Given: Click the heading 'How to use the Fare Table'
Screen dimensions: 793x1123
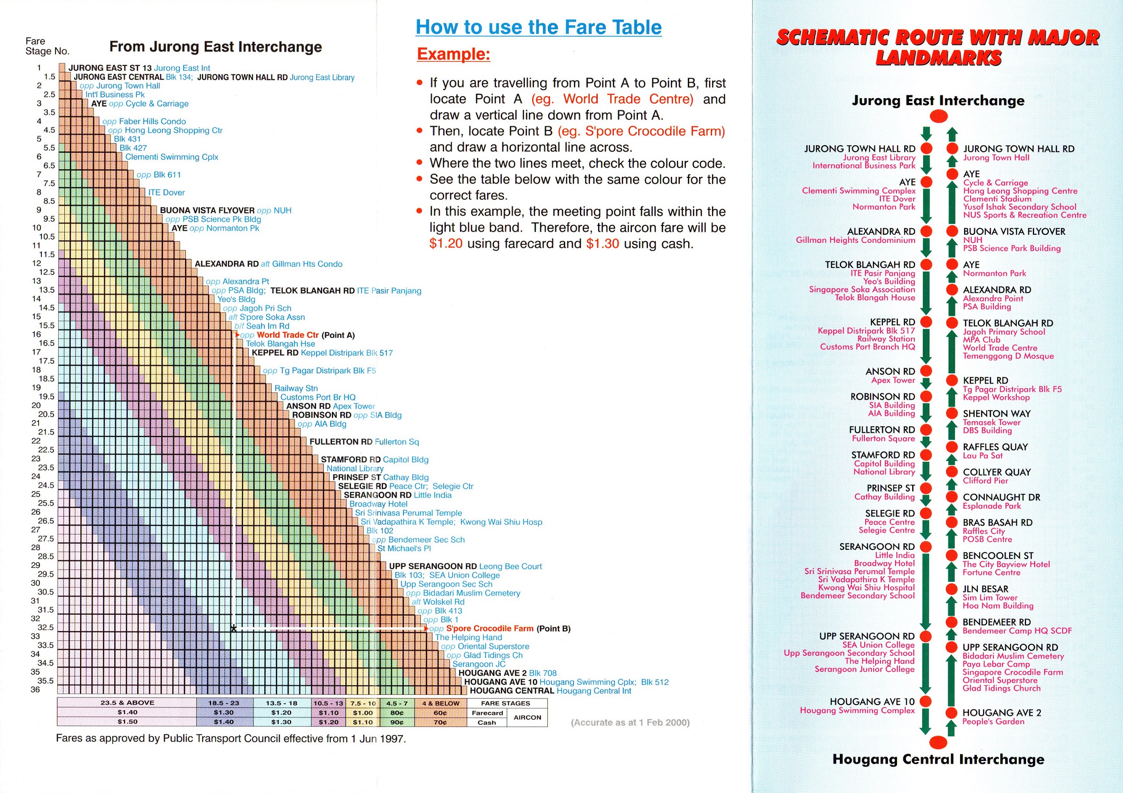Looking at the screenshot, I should (538, 28).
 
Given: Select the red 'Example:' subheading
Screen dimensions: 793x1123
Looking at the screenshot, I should (453, 54).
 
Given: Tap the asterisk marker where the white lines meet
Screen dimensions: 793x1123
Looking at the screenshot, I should (234, 628).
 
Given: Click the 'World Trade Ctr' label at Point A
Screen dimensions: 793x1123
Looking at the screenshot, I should (287, 335).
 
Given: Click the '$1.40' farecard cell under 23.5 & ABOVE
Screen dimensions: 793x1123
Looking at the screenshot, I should (127, 712).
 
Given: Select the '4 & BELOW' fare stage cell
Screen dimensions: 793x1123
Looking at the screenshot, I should (441, 703).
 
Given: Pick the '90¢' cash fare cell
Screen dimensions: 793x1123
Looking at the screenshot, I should (397, 722).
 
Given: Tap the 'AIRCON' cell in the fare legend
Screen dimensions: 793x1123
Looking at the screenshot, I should (527, 717).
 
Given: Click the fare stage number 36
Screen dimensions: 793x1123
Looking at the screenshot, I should (35, 689).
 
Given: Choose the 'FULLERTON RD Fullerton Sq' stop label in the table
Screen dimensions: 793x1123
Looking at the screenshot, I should (364, 441).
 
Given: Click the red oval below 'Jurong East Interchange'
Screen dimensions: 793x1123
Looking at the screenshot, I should (938, 116).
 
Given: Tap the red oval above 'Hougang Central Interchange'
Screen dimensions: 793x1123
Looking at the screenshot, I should (938, 742).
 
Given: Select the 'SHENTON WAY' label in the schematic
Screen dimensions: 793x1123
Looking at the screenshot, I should (996, 413).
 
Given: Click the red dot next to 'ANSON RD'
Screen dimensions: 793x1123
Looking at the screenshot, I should (925, 371).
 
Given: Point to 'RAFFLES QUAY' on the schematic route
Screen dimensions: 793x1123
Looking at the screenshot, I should (995, 447).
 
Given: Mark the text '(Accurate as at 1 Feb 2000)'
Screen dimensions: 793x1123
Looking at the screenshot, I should (630, 723).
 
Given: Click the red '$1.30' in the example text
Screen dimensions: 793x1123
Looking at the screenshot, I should (603, 243).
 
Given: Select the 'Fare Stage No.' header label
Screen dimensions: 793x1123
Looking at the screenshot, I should (47, 46).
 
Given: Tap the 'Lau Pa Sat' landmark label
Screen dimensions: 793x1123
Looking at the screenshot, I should (982, 456).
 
